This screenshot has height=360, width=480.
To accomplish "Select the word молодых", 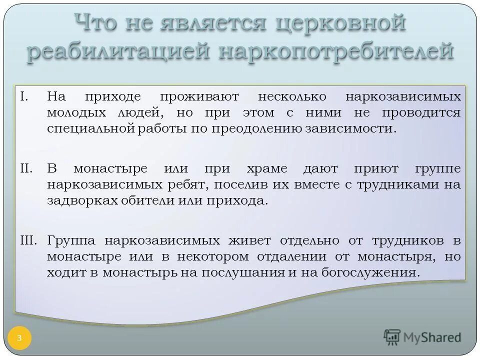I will click(x=76, y=112).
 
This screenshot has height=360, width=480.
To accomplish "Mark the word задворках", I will click(x=85, y=201).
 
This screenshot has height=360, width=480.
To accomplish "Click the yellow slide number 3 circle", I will click(x=19, y=338).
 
